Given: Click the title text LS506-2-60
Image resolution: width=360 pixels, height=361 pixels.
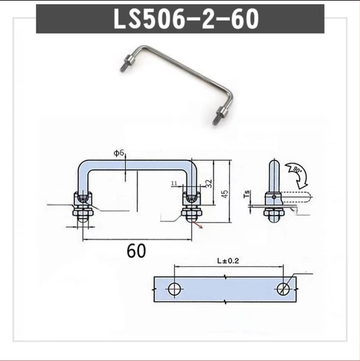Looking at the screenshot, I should (180, 19).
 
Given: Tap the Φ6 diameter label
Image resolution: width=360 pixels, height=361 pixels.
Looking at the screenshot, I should (119, 154).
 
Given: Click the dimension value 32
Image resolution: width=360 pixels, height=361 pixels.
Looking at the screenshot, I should (208, 183).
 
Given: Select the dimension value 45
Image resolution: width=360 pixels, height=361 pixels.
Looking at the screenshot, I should (225, 193).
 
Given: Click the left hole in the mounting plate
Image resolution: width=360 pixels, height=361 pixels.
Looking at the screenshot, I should (174, 289).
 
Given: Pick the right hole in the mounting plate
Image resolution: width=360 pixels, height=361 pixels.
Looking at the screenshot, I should (284, 289).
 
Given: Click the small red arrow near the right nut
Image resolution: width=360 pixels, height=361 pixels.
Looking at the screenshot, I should (197, 223).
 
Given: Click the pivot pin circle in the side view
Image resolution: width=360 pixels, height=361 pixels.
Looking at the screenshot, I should (273, 196).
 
